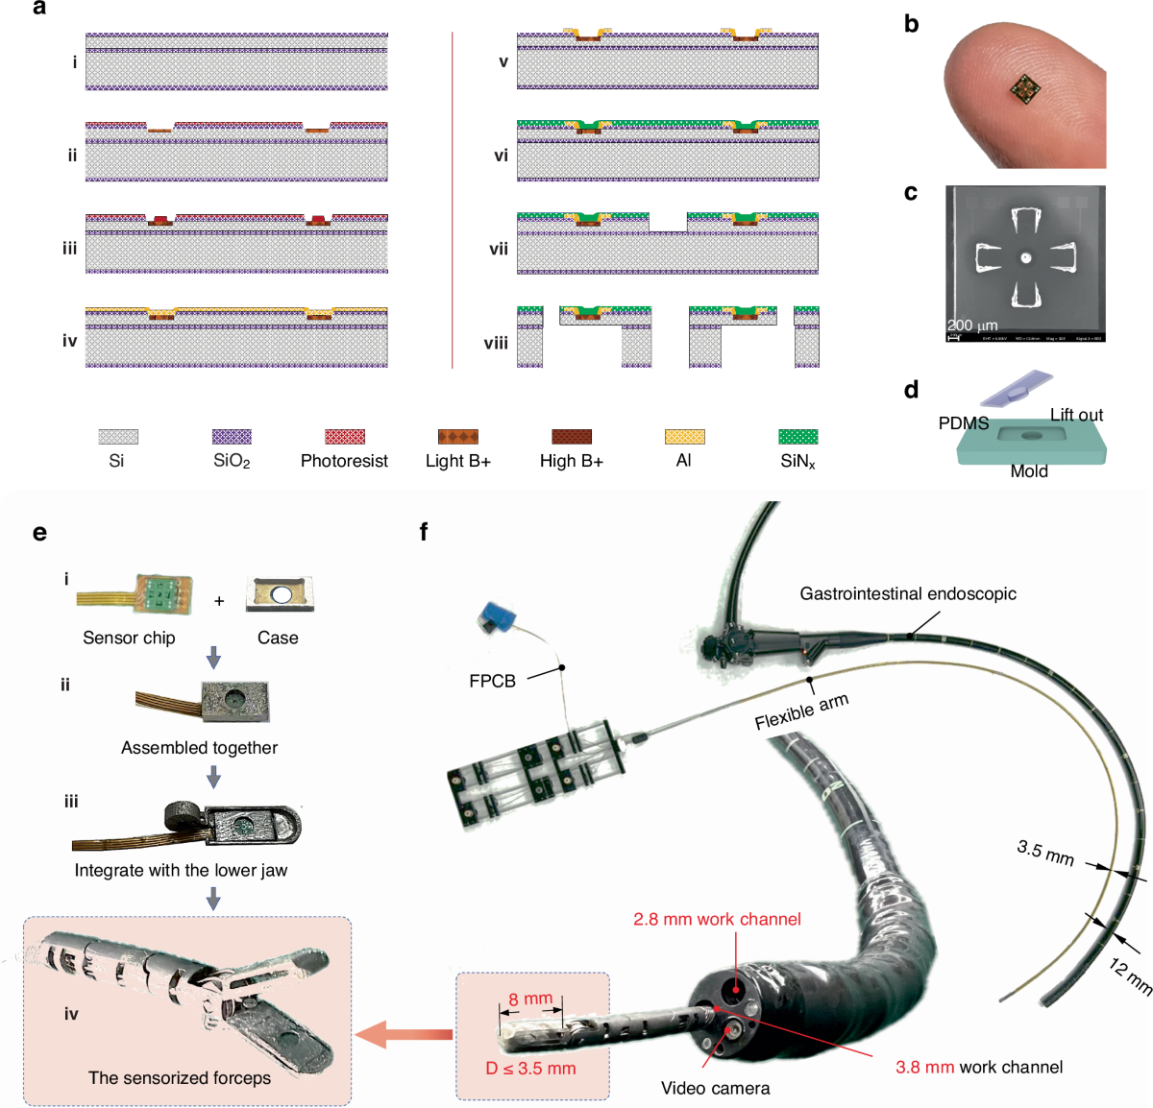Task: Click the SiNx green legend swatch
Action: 797,437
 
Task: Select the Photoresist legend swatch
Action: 344,437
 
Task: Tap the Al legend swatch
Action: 684,437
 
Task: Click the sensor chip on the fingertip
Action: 1024,90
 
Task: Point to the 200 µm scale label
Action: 972,325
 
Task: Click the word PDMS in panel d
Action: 963,423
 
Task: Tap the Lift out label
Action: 1076,415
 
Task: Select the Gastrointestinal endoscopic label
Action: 907,594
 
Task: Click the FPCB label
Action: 492,681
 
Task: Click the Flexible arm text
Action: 801,711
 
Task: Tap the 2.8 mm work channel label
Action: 717,919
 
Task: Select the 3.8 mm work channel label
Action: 978,1067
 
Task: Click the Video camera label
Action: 715,1088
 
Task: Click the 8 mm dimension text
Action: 530,1000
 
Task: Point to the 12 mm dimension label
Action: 1130,976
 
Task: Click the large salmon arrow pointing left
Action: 404,1034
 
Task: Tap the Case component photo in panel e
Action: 279,595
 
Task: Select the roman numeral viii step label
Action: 496,343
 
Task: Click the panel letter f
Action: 424,531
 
